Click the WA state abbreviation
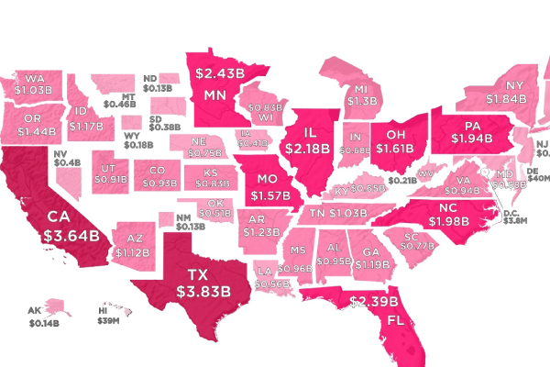click(36, 79)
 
